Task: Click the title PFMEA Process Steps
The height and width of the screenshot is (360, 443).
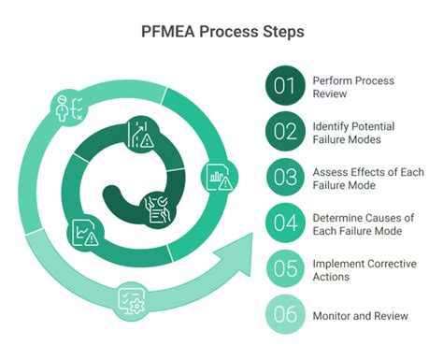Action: pos(221,31)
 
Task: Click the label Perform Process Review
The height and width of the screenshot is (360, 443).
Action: pos(352,86)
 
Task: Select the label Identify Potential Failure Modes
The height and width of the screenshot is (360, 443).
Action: pos(353,132)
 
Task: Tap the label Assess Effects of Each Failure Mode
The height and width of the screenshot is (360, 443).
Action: pos(365,178)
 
